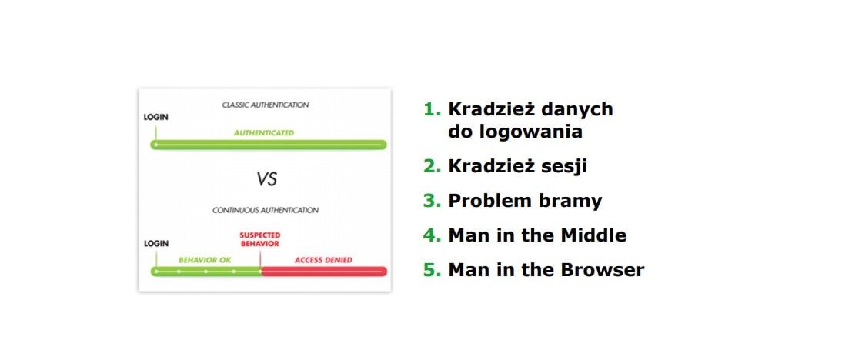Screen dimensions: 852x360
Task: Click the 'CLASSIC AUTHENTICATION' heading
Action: click(x=266, y=105)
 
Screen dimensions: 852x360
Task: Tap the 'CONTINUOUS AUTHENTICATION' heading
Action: click(x=266, y=210)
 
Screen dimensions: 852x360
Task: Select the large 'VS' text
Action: click(x=267, y=179)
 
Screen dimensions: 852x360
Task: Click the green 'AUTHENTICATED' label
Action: click(x=264, y=132)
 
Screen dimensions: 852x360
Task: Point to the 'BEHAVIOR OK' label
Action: click(x=205, y=260)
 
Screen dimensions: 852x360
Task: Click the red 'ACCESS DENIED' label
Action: click(x=323, y=260)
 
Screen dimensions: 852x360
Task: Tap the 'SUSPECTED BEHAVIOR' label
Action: click(x=259, y=239)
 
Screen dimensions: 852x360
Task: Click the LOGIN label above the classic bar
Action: click(x=156, y=117)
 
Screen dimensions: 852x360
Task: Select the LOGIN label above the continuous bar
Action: click(x=156, y=244)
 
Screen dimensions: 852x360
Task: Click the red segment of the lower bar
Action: click(x=324, y=272)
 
